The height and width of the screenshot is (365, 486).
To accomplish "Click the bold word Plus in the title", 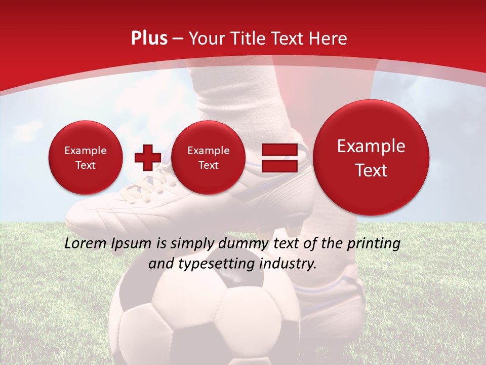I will (149, 39).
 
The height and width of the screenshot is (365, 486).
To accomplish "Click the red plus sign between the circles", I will (147, 158).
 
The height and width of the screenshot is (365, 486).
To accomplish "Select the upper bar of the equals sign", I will (279, 150).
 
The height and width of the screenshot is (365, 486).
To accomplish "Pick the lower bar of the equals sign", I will (279, 166).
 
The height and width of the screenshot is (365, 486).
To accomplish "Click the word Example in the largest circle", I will (371, 146).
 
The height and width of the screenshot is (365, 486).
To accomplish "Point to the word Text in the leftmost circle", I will (86, 165).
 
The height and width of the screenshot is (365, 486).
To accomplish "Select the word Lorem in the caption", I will (86, 244).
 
